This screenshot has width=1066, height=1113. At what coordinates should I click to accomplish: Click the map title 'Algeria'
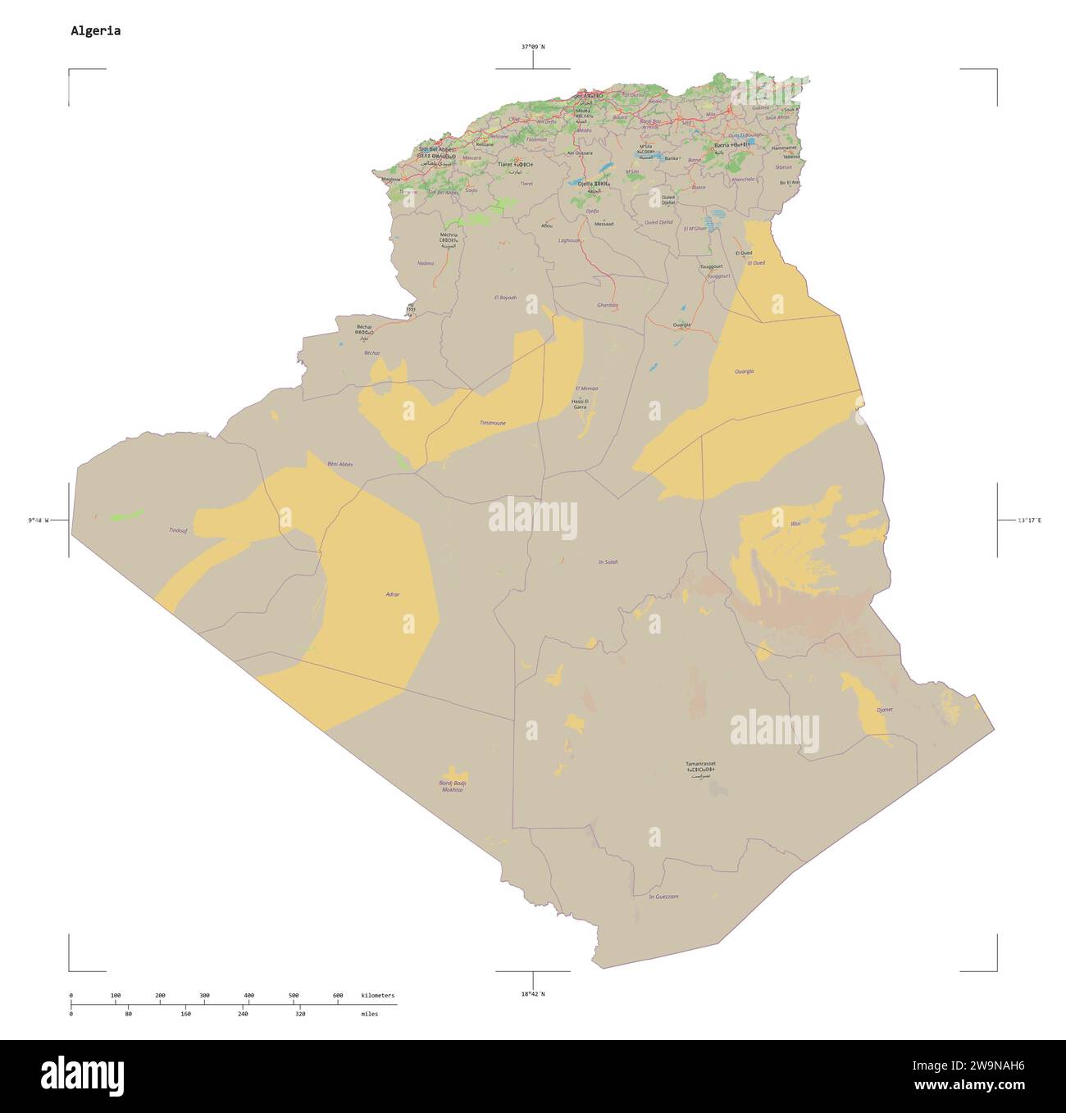[x=95, y=31]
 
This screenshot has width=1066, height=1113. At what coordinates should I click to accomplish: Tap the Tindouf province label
[x=177, y=530]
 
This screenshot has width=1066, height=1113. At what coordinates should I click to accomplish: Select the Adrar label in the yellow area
[x=392, y=593]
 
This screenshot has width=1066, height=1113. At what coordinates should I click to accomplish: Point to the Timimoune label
[x=492, y=423]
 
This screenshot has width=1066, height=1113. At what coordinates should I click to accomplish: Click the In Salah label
[x=608, y=561]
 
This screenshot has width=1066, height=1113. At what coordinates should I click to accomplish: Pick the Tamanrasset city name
[x=700, y=764]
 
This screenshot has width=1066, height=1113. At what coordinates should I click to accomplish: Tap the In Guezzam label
[x=663, y=897]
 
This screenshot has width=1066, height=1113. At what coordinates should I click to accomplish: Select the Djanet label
[x=884, y=709]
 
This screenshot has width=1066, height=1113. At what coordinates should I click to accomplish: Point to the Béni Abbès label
[x=339, y=464]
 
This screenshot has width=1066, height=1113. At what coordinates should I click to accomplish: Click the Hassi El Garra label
[x=580, y=403]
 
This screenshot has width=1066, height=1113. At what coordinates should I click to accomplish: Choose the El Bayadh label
[x=506, y=297]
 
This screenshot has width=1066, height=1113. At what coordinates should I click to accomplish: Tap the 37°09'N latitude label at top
[x=532, y=47]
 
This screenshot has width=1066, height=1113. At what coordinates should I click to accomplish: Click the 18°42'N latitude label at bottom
[x=532, y=993]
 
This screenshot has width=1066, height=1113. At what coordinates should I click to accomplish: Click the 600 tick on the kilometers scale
[x=338, y=996]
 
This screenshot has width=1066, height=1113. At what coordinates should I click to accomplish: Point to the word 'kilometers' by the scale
[x=377, y=996]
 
